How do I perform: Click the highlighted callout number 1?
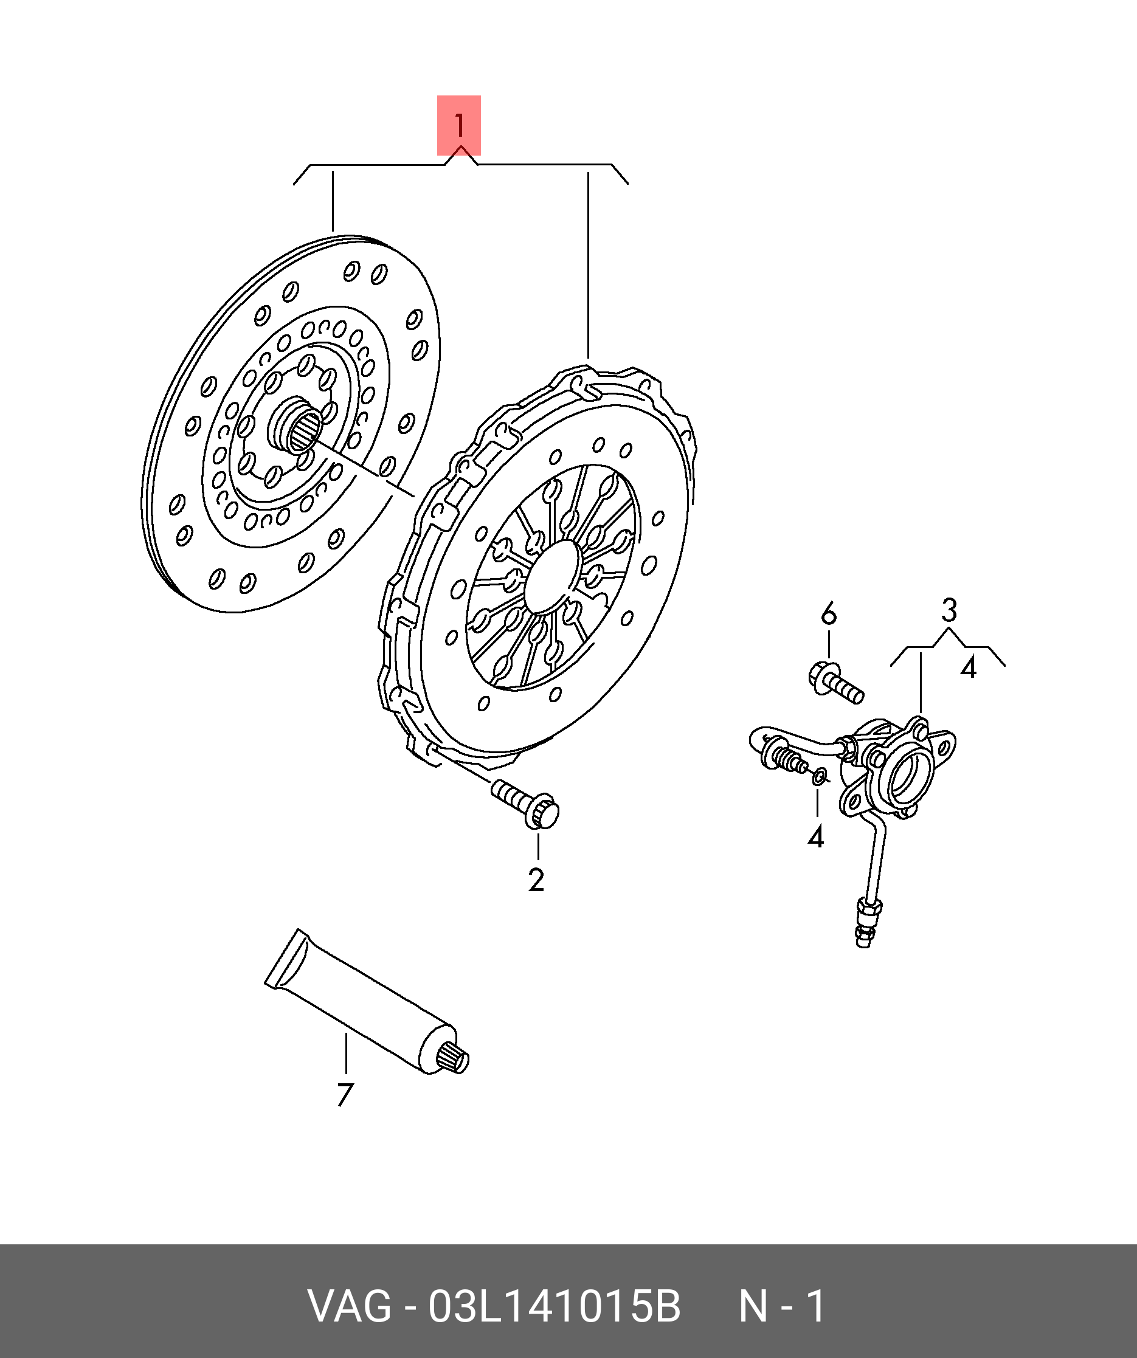pos(458,125)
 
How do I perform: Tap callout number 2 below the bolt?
pos(536,880)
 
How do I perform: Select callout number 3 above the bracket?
pos(948,610)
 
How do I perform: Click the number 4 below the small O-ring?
pos(815,837)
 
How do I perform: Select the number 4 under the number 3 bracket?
pos(967,667)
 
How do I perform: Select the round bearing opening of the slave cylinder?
pos(910,777)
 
